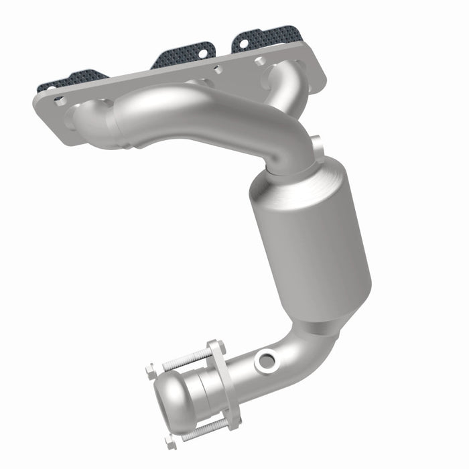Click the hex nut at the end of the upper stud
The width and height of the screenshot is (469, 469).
(x=151, y=368)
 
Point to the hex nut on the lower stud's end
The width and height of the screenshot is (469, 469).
(x=171, y=443)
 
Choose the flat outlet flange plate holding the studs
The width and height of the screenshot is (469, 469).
(x=224, y=385)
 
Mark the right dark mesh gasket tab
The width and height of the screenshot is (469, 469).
(x=268, y=37)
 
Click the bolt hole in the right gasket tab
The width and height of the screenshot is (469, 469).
(x=243, y=43)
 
